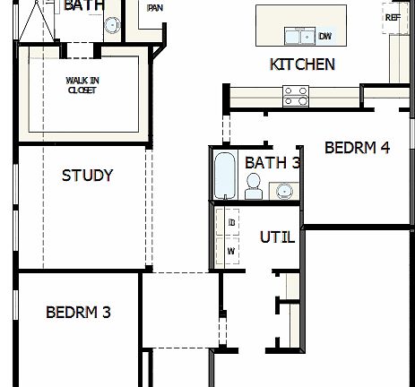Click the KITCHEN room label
tap(302, 64)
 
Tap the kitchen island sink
tap(292, 37)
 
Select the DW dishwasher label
tap(324, 37)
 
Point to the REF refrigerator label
tap(392, 17)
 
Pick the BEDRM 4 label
tap(357, 148)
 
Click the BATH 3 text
tap(272, 163)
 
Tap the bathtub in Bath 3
tap(224, 175)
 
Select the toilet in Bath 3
tap(254, 187)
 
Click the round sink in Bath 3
tap(285, 191)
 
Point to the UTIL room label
tap(277, 237)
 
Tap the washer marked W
tap(230, 251)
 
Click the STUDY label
tap(87, 175)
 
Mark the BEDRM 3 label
tap(78, 313)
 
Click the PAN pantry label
tap(155, 8)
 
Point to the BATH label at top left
tap(84, 5)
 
